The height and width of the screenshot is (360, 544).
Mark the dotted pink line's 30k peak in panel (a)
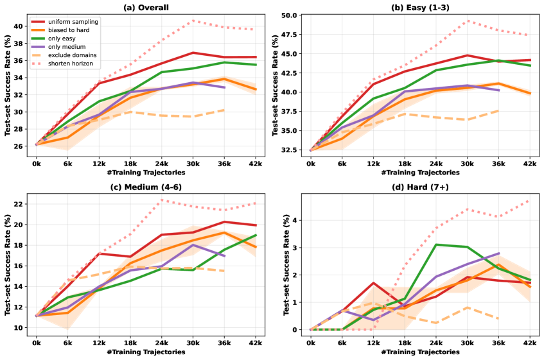(193, 21)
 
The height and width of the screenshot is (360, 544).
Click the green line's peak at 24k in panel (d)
(436, 244)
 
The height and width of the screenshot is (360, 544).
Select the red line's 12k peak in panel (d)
(373, 283)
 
